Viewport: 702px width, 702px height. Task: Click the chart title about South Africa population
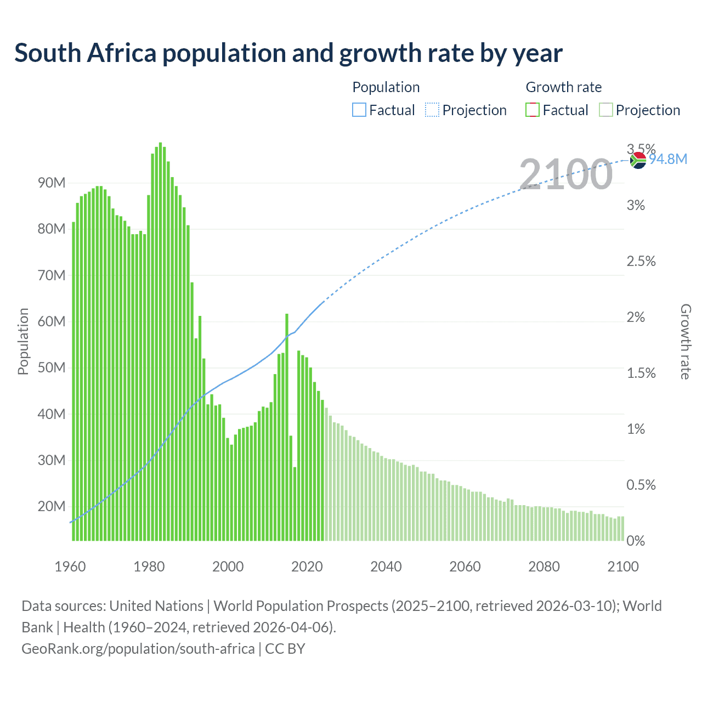click(x=288, y=53)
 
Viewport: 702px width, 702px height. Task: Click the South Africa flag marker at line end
click(x=638, y=160)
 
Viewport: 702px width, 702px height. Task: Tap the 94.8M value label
click(x=668, y=159)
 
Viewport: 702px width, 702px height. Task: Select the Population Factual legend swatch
click(x=359, y=110)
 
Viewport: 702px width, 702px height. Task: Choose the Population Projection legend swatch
click(x=432, y=110)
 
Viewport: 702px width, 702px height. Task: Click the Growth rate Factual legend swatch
click(x=532, y=110)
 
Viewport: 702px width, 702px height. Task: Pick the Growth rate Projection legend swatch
click(x=605, y=110)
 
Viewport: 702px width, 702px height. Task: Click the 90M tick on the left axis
click(x=52, y=183)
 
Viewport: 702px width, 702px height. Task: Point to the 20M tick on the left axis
click(x=52, y=506)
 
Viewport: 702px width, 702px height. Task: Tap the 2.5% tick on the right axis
click(x=641, y=261)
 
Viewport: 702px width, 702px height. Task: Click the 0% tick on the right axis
click(x=636, y=541)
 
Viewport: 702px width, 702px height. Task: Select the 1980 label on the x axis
click(x=149, y=567)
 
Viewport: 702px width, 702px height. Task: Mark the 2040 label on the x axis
click(x=386, y=567)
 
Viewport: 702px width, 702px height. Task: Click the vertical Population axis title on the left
click(x=23, y=341)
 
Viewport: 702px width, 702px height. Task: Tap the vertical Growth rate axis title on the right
click(x=685, y=341)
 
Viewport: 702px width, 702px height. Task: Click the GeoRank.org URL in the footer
click(x=138, y=649)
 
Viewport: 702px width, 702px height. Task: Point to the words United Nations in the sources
click(x=156, y=606)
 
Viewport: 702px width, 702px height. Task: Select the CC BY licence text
click(x=285, y=649)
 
